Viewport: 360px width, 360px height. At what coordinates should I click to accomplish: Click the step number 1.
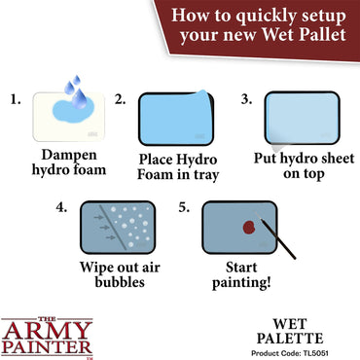pyautogui.click(x=14, y=99)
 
